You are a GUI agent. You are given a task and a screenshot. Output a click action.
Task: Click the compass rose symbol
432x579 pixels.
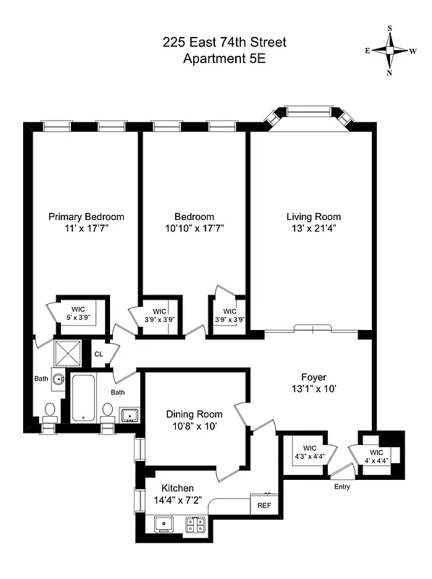(x=391, y=51)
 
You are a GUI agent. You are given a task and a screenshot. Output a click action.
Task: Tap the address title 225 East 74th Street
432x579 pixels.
(x=224, y=43)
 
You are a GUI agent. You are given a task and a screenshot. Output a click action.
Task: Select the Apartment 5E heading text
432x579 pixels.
(x=224, y=59)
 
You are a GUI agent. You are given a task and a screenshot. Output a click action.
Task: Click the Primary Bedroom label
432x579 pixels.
(x=86, y=216)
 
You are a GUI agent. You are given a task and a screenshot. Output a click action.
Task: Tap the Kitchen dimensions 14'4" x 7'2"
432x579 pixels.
(x=178, y=499)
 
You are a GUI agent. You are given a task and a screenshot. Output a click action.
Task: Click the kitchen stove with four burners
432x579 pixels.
(x=195, y=523)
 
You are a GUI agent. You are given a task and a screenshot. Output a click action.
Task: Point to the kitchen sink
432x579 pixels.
(x=165, y=523)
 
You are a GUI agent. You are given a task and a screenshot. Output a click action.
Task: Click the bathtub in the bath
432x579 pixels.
(x=83, y=397)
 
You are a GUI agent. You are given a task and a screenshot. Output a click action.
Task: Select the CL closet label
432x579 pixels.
(x=98, y=354)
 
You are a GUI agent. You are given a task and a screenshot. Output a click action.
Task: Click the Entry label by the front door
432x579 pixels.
(x=342, y=486)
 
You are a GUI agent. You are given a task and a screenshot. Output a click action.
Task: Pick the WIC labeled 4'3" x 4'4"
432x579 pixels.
(x=308, y=452)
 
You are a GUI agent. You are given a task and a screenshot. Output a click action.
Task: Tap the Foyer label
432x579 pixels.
(x=313, y=377)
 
